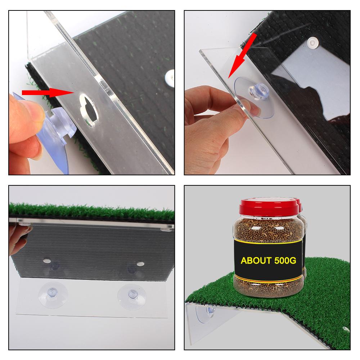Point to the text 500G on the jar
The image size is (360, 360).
285,261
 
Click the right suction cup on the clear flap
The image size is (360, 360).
132,296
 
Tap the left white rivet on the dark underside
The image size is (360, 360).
47,261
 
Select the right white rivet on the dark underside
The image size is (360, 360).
140,264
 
